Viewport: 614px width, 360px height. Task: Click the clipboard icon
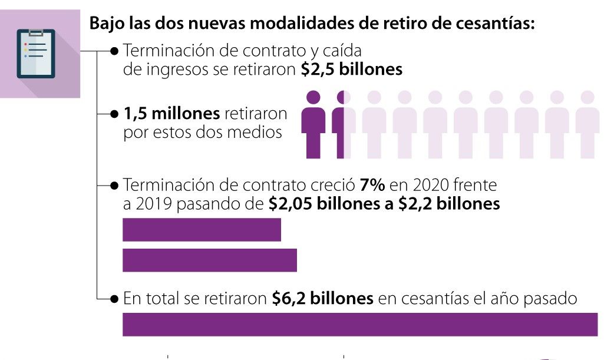click(x=36, y=54)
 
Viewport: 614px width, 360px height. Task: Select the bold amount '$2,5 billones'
click(x=351, y=70)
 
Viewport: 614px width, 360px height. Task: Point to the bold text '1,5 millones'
click(x=171, y=113)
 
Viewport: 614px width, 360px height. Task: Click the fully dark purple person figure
click(x=313, y=124)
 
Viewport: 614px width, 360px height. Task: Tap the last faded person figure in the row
click(x=587, y=124)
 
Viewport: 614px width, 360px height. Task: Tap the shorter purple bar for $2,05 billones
click(x=202, y=230)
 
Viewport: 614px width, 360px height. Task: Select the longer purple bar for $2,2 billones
click(x=209, y=260)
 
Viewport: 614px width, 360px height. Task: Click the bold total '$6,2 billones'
click(x=322, y=299)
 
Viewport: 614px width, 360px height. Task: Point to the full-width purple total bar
click(x=359, y=325)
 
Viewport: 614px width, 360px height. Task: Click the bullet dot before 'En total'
click(x=115, y=299)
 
